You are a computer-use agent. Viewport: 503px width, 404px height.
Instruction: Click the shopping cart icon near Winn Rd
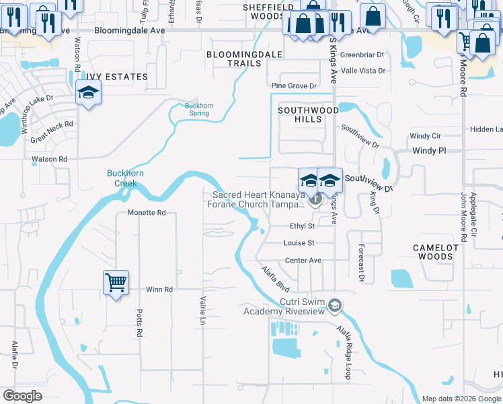pyautogui.click(x=116, y=282)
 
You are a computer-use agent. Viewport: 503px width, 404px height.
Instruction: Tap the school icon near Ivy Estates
pyautogui.click(x=88, y=92)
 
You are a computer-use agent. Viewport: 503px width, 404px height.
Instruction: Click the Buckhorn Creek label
pyautogui.click(x=125, y=178)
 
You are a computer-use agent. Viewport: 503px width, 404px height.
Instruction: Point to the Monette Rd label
pyautogui.click(x=147, y=213)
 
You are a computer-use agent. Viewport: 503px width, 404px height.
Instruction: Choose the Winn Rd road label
pyautogui.click(x=159, y=290)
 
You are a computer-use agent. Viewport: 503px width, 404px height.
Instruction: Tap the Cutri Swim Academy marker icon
pyautogui.click(x=334, y=306)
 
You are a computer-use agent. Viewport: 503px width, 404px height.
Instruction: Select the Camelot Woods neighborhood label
pyautogui.click(x=435, y=252)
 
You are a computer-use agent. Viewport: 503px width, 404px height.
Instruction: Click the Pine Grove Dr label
pyautogui.click(x=293, y=86)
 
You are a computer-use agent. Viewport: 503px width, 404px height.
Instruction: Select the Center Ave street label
pyautogui.click(x=303, y=261)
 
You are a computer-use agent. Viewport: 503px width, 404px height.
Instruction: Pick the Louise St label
pyautogui.click(x=299, y=243)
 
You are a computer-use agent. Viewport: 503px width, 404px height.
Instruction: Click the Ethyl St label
pyautogui.click(x=302, y=226)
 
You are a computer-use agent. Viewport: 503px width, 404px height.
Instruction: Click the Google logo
pyautogui.click(x=22, y=396)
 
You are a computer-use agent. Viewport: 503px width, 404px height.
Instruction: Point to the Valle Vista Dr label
pyautogui.click(x=364, y=71)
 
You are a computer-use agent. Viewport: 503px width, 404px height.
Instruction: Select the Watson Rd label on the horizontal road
pyautogui.click(x=50, y=160)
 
